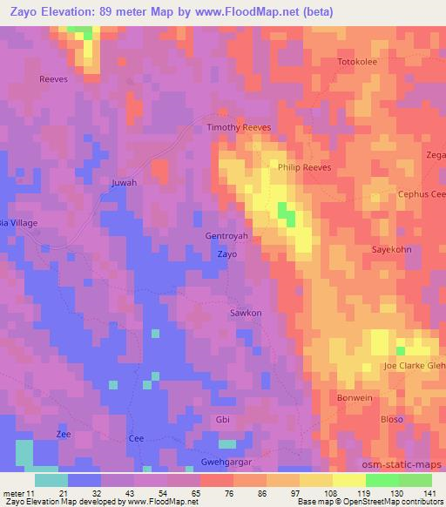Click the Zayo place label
pyautogui.click(x=226, y=254)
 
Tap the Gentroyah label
pyautogui.click(x=226, y=236)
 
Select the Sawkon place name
pyautogui.click(x=245, y=312)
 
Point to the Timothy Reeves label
pyautogui.click(x=239, y=127)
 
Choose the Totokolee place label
pyautogui.click(x=361, y=63)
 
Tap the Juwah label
pyautogui.click(x=125, y=183)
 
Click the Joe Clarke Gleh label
pyautogui.click(x=415, y=366)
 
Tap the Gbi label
pyautogui.click(x=222, y=419)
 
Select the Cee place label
pyautogui.click(x=135, y=438)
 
